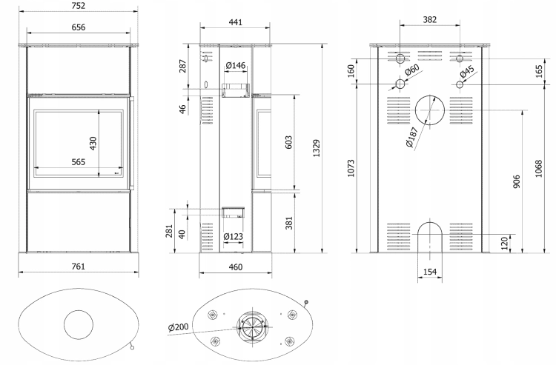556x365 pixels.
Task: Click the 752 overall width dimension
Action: click(x=78, y=6)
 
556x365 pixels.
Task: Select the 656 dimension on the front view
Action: click(x=78, y=27)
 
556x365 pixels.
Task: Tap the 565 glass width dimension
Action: click(x=79, y=162)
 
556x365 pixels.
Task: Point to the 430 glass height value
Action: click(x=93, y=144)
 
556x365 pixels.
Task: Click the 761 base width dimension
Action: click(x=78, y=267)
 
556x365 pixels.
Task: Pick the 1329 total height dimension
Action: click(x=317, y=148)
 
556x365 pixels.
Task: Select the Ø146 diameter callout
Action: click(x=236, y=65)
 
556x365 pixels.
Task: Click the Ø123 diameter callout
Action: click(x=234, y=236)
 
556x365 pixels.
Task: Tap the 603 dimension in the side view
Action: click(x=288, y=142)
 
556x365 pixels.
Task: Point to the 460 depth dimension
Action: click(x=236, y=267)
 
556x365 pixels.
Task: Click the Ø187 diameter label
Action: click(x=412, y=138)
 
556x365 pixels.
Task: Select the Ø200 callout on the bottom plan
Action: click(x=179, y=327)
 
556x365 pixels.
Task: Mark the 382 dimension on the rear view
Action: click(x=430, y=20)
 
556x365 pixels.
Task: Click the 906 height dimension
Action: click(x=517, y=181)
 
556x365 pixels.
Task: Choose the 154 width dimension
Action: click(x=430, y=272)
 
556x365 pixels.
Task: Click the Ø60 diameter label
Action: click(x=412, y=70)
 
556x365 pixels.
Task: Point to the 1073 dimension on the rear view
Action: click(x=351, y=169)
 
